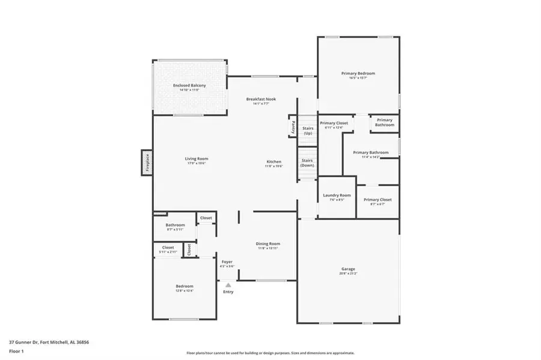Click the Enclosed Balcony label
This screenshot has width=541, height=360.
[189, 86]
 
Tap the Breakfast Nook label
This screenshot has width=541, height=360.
[261, 99]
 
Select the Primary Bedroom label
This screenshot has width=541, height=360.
[358, 73]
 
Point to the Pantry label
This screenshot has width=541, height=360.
[293, 127]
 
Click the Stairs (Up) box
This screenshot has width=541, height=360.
[307, 130]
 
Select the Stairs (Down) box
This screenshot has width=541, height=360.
[307, 162]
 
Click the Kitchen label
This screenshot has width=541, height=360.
[274, 162]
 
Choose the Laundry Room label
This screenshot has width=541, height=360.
[337, 195]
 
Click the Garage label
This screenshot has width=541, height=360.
[348, 269]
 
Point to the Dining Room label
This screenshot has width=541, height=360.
[268, 244]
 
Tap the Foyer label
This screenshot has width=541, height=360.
[227, 262]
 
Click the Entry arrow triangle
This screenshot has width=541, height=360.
[228, 285]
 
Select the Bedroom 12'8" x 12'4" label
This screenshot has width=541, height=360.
[185, 286]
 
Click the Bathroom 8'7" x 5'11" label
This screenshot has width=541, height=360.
[176, 225]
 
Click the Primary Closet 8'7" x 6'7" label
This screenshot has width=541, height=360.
[377, 200]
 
